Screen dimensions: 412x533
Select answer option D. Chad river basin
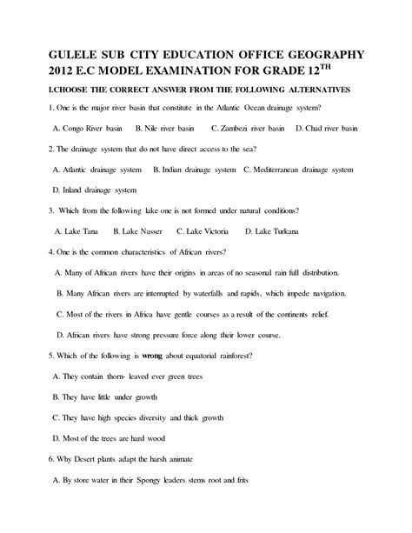(327, 128)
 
